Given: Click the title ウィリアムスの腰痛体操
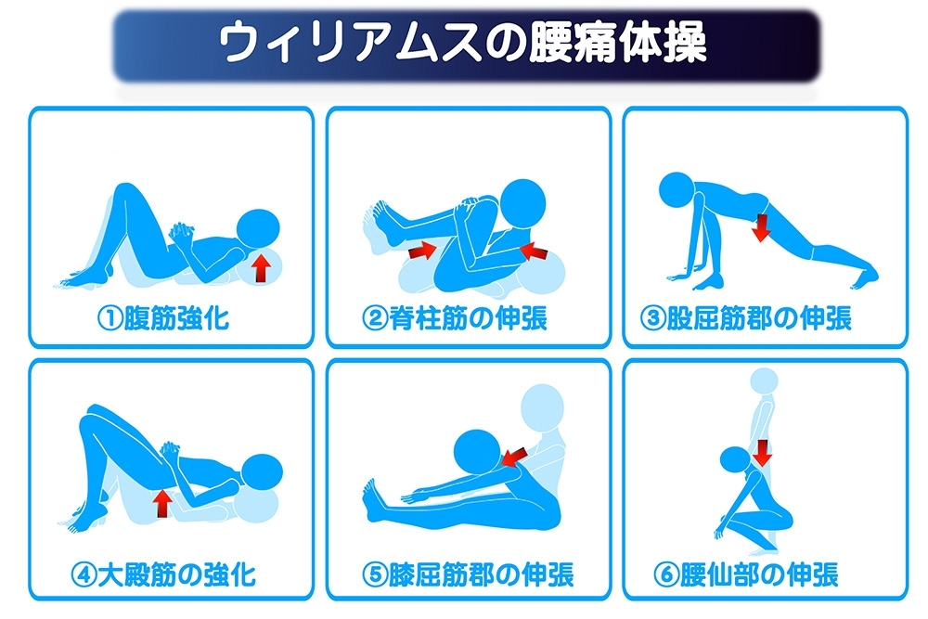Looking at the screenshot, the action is [x=463, y=42].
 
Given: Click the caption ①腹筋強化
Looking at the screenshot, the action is [x=163, y=318].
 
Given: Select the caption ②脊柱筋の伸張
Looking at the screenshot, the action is [x=455, y=318].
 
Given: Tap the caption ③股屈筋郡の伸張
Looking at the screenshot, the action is [x=746, y=318].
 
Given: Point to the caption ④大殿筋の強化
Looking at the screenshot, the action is [x=163, y=574].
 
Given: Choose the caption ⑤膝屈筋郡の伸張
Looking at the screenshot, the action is [x=468, y=574].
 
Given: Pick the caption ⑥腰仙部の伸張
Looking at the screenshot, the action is [x=746, y=574].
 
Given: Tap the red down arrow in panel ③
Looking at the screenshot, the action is [x=761, y=227].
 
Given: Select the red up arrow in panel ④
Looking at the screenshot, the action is [x=162, y=503].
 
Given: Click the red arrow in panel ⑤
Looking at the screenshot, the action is [x=514, y=457].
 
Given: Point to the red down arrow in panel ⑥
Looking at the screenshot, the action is [x=764, y=453].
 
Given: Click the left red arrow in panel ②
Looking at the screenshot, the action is [x=422, y=250].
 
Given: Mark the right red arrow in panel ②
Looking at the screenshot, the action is [x=535, y=251].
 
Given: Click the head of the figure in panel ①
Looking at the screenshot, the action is [x=258, y=229].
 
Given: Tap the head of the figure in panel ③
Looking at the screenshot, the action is [x=677, y=189].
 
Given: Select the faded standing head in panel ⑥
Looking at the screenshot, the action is [x=764, y=381].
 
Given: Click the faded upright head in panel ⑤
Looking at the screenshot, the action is [x=543, y=407].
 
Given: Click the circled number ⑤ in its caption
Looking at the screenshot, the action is [x=375, y=575].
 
